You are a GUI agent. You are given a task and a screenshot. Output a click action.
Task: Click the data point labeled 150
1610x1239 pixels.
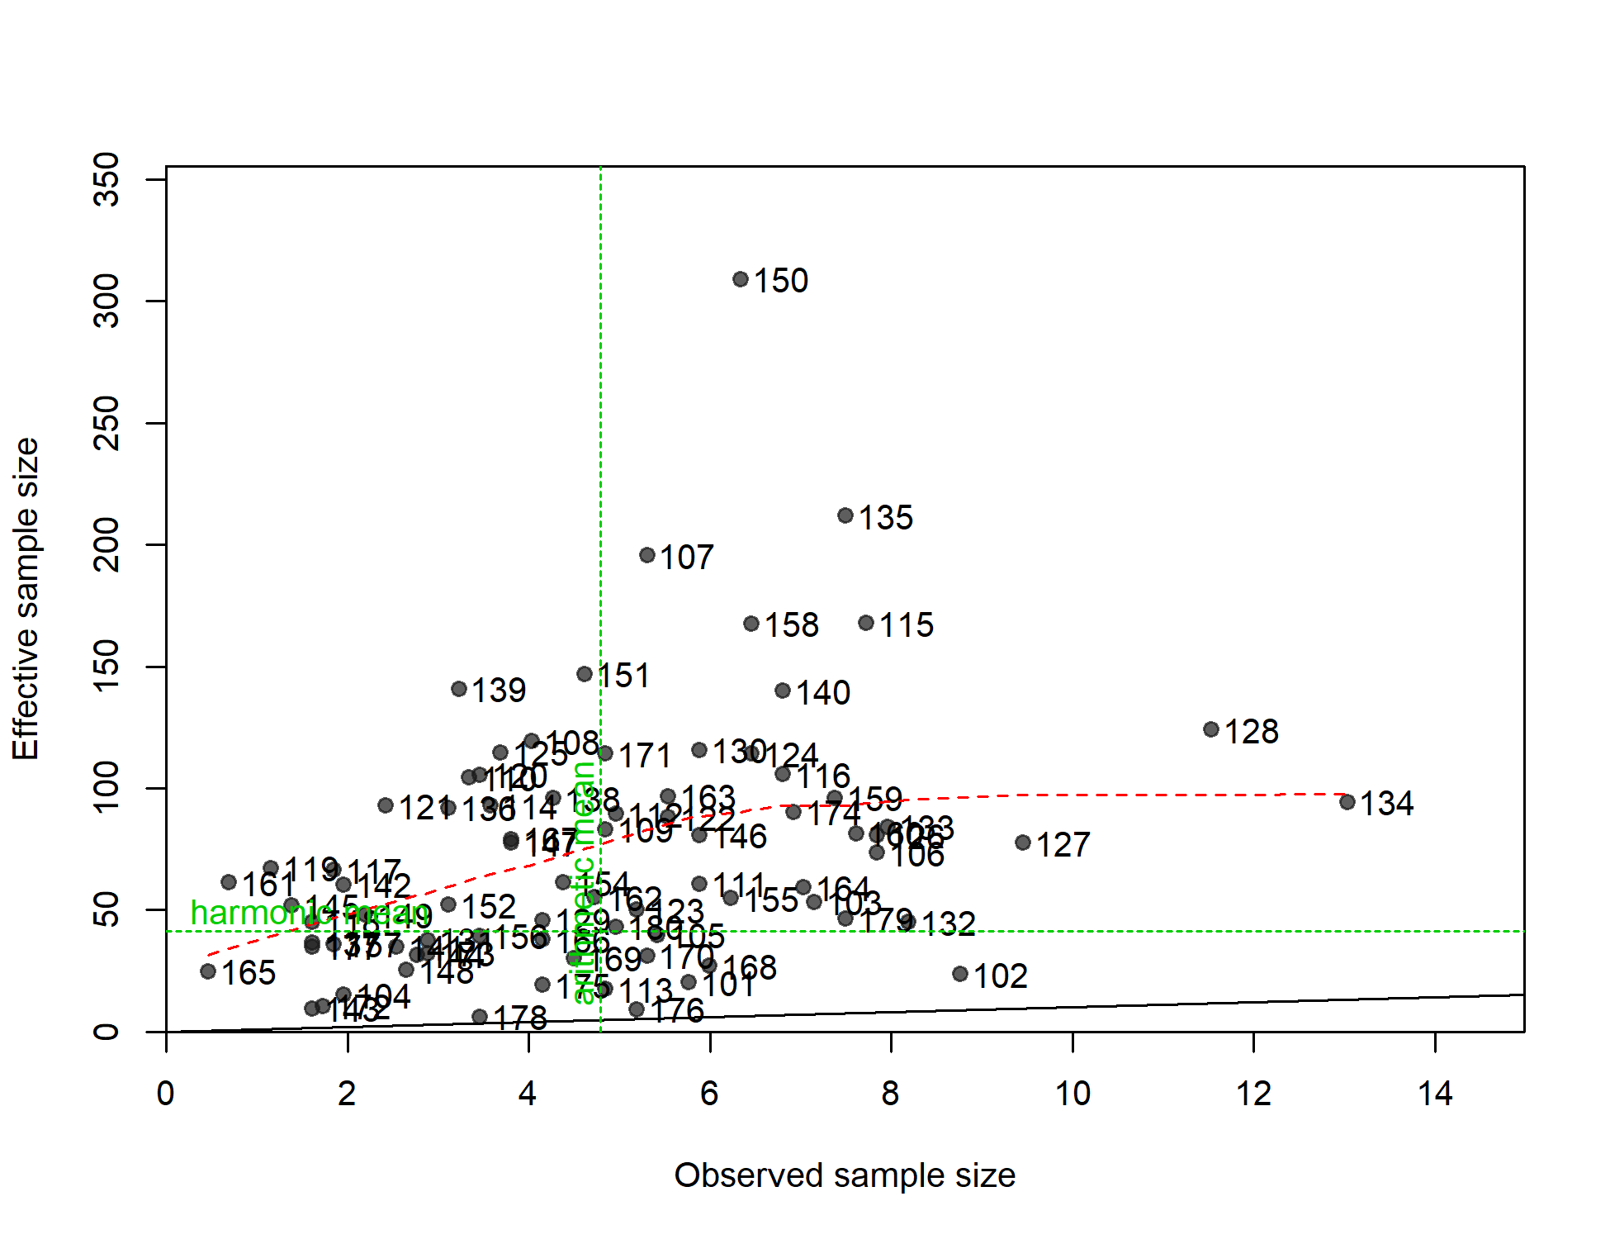741,280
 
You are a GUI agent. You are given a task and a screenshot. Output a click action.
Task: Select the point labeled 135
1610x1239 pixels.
845,515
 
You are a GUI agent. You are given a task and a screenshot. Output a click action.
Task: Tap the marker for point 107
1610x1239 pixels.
647,555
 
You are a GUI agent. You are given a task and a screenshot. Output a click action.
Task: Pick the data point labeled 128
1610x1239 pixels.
1211,729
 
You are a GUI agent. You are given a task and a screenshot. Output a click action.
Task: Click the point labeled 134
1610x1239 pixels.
1347,802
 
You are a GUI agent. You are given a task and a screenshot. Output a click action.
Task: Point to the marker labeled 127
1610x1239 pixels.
1023,843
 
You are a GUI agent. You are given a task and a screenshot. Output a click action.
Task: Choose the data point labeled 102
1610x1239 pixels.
960,974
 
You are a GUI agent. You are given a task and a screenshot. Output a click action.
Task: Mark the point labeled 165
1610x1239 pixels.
208,971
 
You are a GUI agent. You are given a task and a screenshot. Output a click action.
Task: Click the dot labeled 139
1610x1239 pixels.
459,689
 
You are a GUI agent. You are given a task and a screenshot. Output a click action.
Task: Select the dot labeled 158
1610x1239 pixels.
751,624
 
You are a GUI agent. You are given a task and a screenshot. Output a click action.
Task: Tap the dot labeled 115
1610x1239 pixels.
866,623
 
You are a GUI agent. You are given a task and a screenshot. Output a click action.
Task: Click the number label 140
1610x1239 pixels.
823,693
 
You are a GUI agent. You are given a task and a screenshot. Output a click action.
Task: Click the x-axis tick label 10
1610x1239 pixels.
1073,1094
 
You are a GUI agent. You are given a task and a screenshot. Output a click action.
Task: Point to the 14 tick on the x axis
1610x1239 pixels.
1435,1094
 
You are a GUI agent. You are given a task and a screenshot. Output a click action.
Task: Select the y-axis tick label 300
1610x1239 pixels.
107,301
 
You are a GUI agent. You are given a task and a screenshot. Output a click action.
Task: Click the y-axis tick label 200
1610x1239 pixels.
107,545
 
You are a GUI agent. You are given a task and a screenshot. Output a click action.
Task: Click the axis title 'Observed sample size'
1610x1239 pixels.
845,1175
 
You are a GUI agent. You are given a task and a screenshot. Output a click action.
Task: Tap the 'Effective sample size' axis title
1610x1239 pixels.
26,599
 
